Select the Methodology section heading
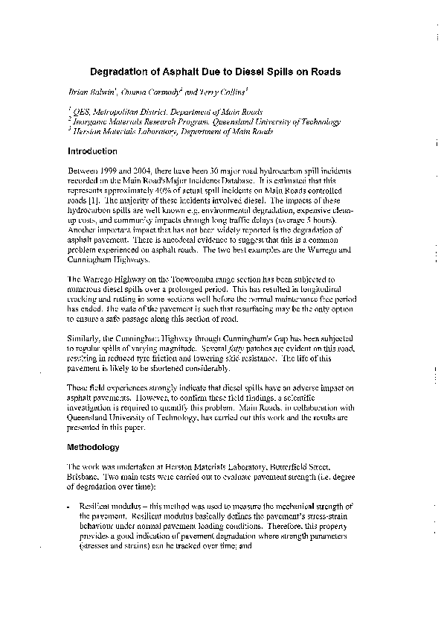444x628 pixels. [94, 448]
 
